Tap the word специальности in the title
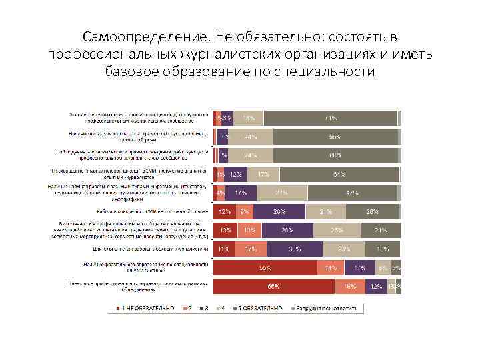[x=323, y=71]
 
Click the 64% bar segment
[x=339, y=175]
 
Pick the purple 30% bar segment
[x=293, y=249]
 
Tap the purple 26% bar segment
[x=288, y=231]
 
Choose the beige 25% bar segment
[x=337, y=231]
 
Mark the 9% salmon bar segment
[x=245, y=212]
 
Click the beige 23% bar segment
[x=343, y=249]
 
